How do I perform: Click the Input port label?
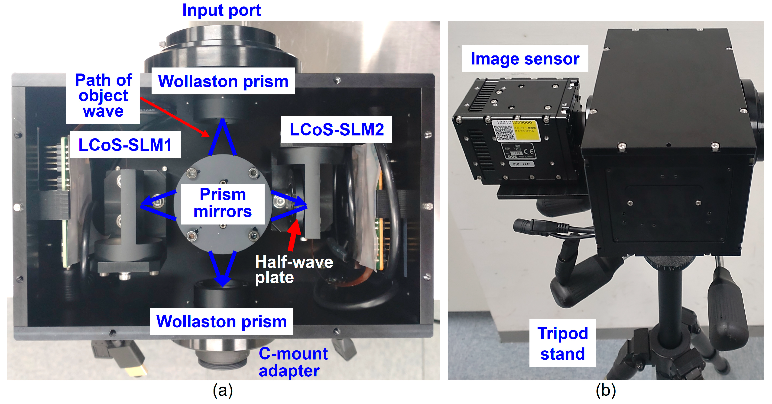[221, 10]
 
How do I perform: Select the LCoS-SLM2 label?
[337, 130]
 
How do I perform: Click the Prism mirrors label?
[222, 203]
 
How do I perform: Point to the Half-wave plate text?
[294, 269]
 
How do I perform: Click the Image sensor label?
[525, 59]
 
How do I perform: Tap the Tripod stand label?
[562, 343]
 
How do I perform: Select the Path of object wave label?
[103, 96]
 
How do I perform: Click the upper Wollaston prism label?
[223, 81]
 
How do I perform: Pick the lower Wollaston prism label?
[221, 321]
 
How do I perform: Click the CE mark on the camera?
[529, 151]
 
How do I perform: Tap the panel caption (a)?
[222, 391]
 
